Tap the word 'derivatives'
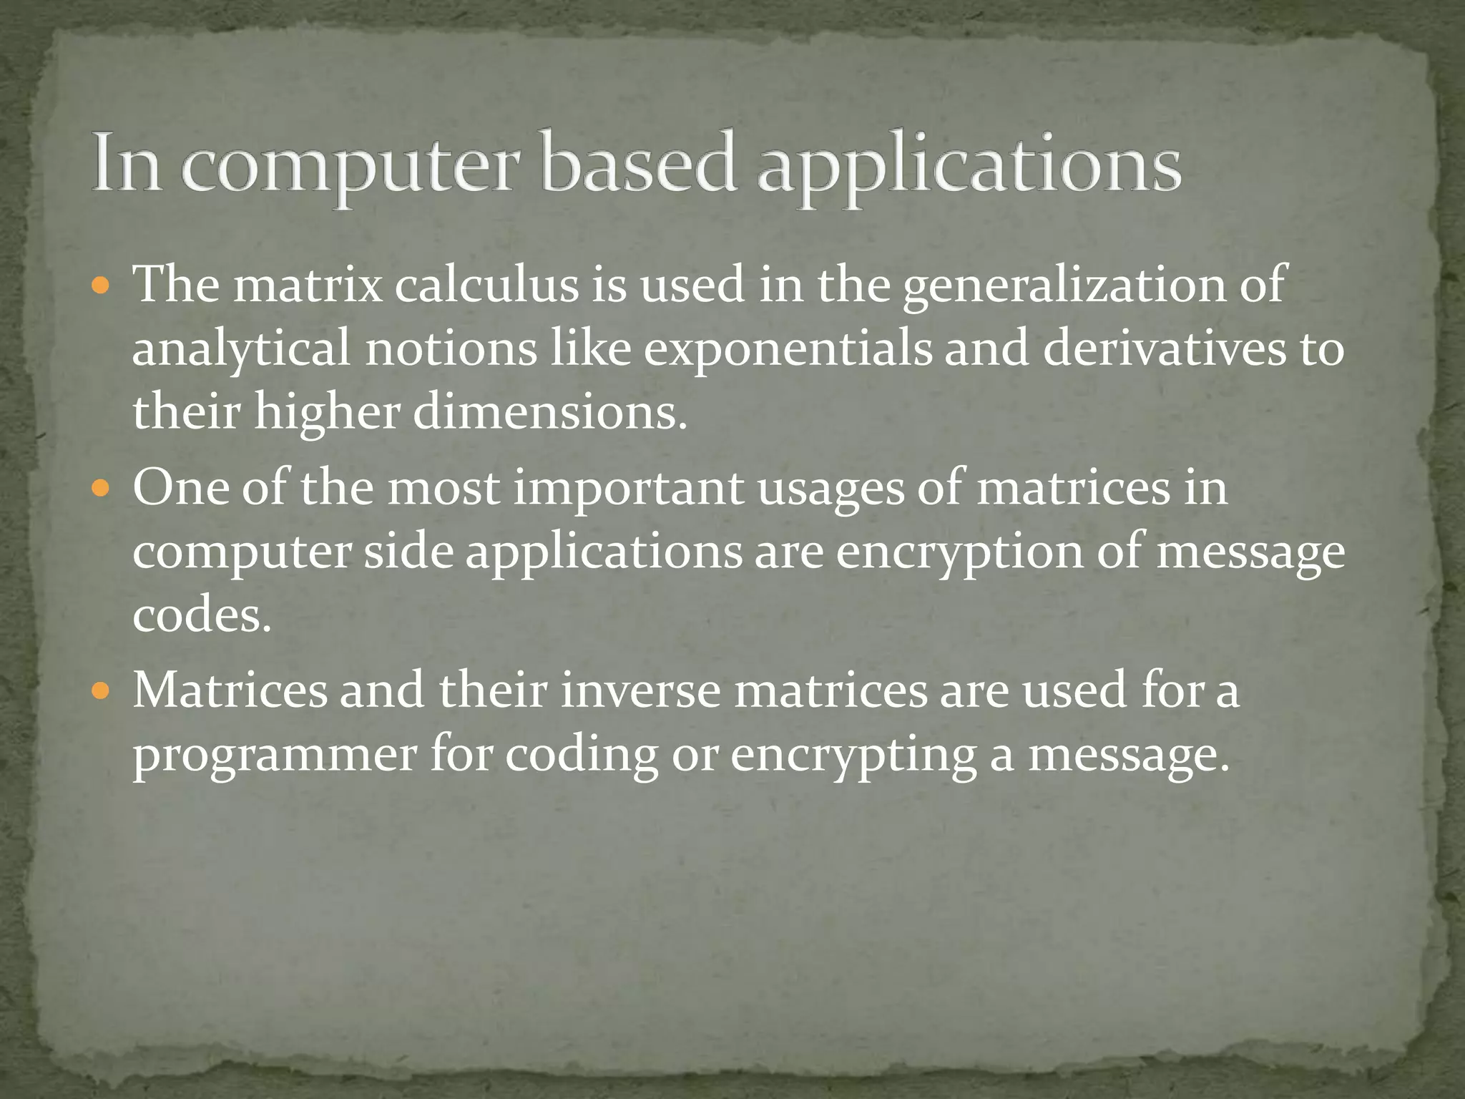[1164, 349]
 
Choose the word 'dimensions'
[549, 414]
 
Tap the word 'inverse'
[640, 691]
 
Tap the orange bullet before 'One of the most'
[101, 490]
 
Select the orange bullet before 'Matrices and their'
[101, 692]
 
